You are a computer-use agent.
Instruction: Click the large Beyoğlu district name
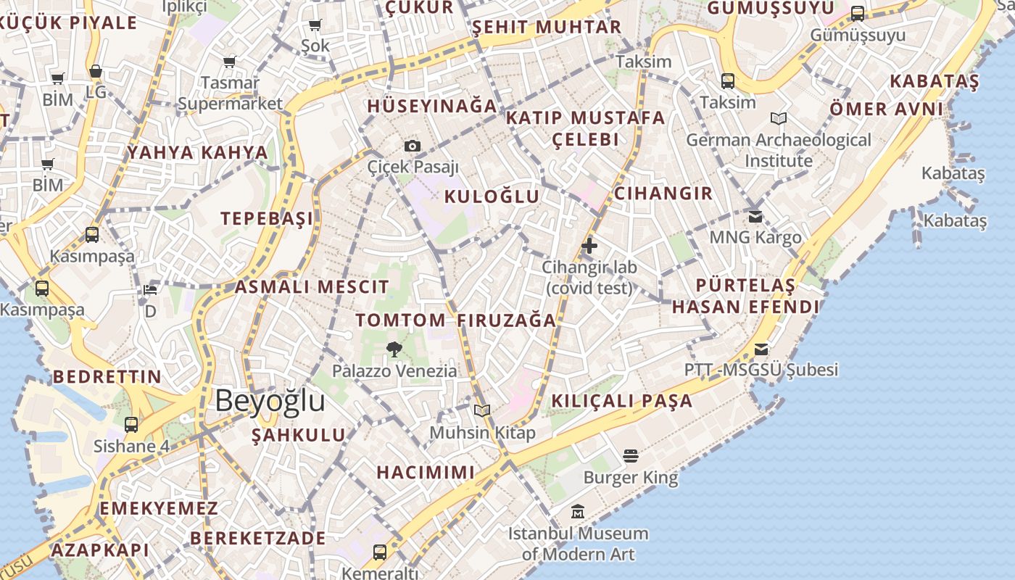click(270, 401)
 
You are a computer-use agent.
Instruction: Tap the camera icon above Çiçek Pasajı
click(413, 146)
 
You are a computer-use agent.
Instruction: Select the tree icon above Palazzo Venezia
click(394, 349)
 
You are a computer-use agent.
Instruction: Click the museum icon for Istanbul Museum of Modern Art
click(578, 512)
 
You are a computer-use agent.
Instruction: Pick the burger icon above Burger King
click(630, 455)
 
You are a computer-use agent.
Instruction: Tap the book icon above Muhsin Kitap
click(482, 411)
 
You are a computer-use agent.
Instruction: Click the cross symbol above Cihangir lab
click(589, 246)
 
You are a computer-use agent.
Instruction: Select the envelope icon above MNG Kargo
click(755, 216)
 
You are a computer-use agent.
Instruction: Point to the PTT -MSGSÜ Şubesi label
click(761, 370)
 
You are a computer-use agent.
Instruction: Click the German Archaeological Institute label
click(779, 150)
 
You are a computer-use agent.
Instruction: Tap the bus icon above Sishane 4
click(131, 425)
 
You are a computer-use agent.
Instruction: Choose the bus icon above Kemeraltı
click(379, 552)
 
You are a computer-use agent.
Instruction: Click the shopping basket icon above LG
click(96, 71)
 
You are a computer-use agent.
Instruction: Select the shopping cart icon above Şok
click(315, 25)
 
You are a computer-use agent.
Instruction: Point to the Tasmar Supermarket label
click(230, 93)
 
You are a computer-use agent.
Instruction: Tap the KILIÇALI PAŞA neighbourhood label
click(622, 401)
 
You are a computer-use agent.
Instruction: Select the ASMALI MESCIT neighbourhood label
click(312, 286)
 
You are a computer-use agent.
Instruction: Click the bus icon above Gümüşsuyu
click(858, 13)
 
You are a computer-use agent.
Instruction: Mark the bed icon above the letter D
click(150, 290)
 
